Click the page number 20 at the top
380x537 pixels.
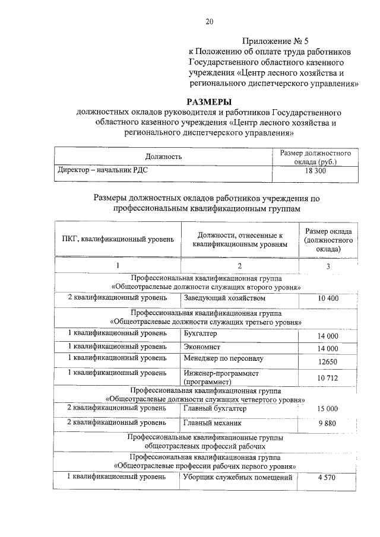tap(209, 22)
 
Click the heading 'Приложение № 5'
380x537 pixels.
tap(275, 41)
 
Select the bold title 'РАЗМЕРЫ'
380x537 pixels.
tap(209, 101)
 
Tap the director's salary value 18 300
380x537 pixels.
tap(315, 170)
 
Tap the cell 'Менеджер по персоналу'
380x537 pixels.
tap(223, 359)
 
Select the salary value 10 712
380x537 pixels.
tap(327, 377)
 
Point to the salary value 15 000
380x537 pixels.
tap(327, 409)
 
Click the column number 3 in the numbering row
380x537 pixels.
tap(328, 265)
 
